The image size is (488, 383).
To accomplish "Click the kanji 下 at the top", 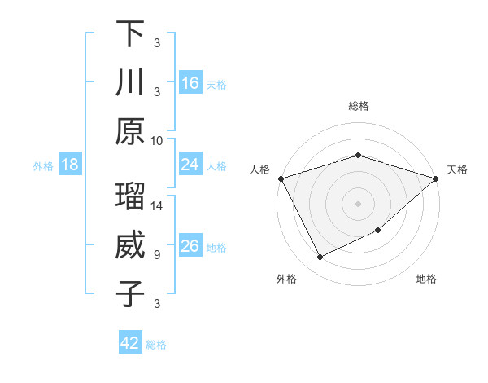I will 130,33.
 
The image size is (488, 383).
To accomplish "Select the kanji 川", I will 130,82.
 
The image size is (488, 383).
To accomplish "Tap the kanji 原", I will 130,131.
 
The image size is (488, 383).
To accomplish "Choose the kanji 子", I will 130,294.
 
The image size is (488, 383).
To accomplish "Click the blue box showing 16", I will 190,82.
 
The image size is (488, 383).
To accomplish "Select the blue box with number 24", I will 190,165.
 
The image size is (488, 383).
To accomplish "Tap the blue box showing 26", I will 190,246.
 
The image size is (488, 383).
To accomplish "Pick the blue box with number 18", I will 70,165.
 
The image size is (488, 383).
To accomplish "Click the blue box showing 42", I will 130,343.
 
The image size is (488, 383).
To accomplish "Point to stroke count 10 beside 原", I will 157,140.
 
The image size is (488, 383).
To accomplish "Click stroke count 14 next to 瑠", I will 157,206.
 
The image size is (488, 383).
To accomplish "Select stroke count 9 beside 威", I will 157,255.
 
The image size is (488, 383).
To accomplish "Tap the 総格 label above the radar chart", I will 359,106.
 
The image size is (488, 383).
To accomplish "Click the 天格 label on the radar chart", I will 458,169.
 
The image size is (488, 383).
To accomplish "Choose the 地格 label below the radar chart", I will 426,279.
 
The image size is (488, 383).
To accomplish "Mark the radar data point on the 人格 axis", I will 281,178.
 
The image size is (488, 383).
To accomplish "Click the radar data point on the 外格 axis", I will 320,258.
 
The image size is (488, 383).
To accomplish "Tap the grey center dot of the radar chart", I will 359,203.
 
